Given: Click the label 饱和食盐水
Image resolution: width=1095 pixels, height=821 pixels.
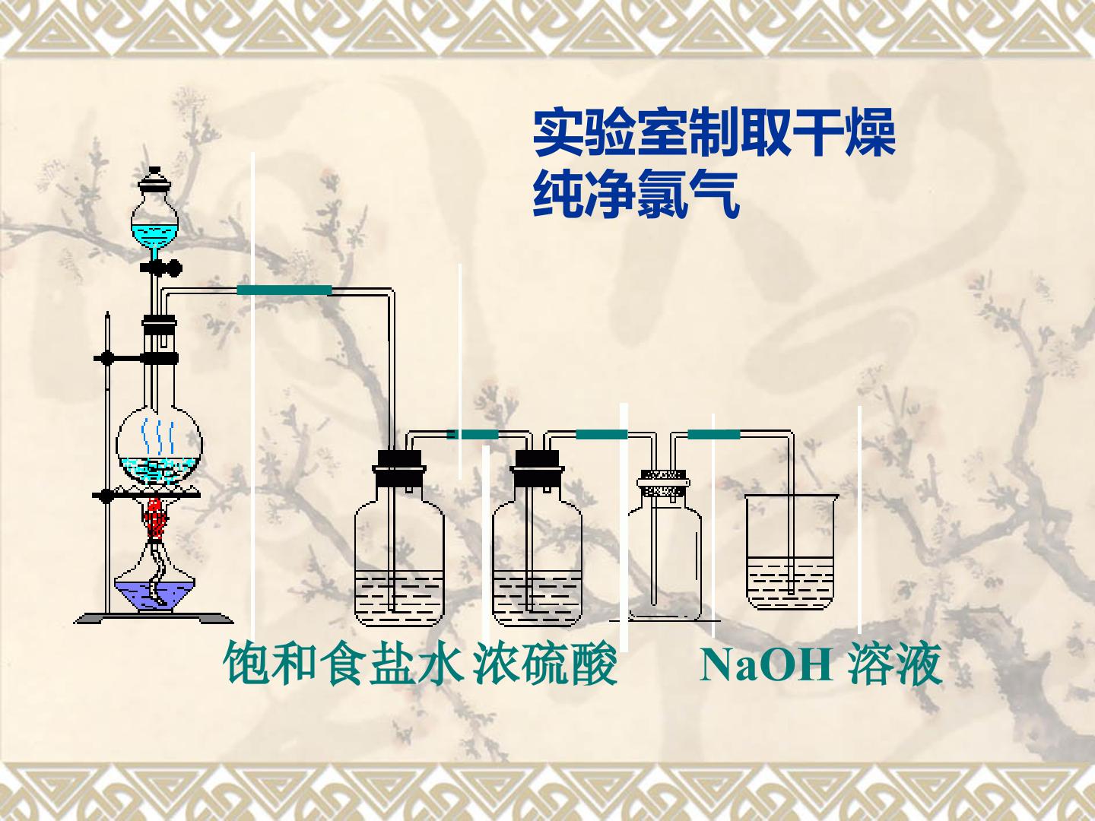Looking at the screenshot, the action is click(x=344, y=664).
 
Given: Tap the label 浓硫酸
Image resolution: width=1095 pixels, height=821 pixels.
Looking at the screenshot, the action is click(x=545, y=664).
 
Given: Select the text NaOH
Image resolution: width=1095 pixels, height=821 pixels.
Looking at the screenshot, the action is click(x=766, y=664).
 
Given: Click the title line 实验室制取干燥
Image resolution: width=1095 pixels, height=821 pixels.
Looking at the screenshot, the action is click(x=714, y=133).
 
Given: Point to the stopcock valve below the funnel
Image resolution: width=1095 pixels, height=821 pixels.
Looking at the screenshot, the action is click(x=160, y=268).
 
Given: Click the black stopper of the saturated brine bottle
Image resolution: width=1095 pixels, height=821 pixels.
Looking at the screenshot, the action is click(x=399, y=468).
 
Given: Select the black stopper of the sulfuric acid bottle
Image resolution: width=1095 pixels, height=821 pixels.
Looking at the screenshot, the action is click(x=537, y=468).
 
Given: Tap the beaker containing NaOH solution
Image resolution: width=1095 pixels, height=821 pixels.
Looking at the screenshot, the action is click(x=790, y=552).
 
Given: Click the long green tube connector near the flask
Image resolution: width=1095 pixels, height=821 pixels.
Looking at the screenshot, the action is click(x=284, y=290).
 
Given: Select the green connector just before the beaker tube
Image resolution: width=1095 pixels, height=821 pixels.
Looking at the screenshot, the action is click(x=714, y=435).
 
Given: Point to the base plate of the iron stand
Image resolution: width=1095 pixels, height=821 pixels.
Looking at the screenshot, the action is click(x=154, y=618).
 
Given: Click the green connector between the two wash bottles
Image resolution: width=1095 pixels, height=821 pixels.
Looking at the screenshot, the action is click(x=472, y=435).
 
